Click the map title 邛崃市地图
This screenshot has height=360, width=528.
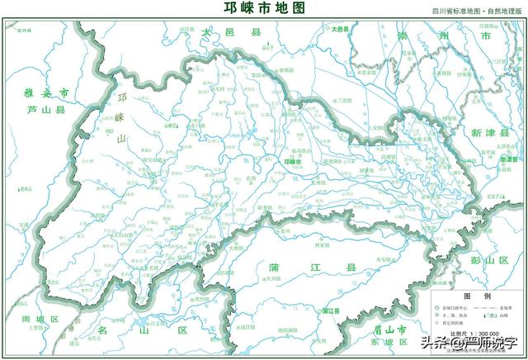(264, 9)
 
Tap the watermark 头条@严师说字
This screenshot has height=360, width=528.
(468, 343)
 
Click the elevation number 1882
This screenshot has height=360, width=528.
(108, 130)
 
